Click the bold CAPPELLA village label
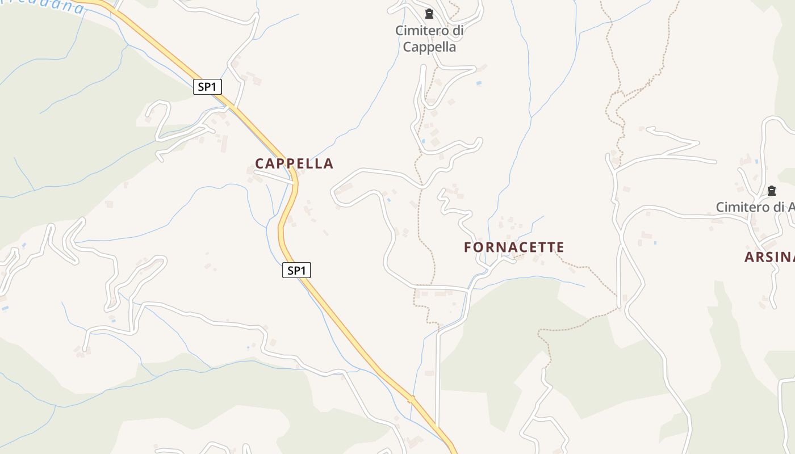tap(294, 163)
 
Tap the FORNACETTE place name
tap(514, 247)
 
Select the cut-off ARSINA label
tap(769, 257)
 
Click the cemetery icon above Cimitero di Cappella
tap(429, 14)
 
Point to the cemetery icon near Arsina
tap(771, 190)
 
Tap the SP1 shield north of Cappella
tap(207, 87)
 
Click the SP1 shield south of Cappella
tap(296, 271)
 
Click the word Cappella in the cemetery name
tap(429, 47)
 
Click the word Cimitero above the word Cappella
tap(420, 31)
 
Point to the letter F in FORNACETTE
tap(468, 247)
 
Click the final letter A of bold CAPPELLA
tap(328, 163)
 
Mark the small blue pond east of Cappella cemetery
tap(479, 83)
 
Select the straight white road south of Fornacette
tap(437, 375)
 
